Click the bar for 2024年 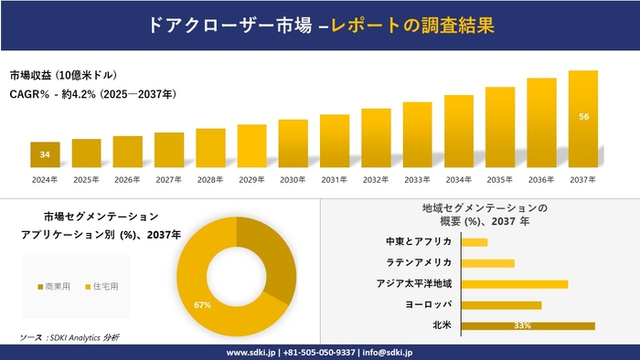[45, 154]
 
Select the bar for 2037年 [582, 119]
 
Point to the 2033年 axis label [417, 179]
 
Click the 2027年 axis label [169, 179]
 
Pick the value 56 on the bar [582, 116]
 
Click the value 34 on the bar [45, 154]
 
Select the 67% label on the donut [203, 304]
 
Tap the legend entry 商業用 [56, 286]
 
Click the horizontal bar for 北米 [528, 325]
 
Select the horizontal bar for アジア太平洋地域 [515, 284]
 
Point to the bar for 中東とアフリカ [475, 242]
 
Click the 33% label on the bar [523, 325]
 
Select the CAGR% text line [92, 94]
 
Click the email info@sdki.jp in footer [389, 352]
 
